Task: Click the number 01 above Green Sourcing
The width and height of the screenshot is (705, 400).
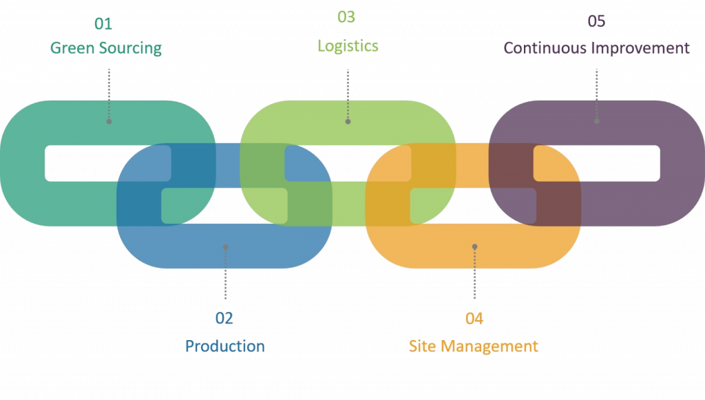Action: click(x=103, y=23)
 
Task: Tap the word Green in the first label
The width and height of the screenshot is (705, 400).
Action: click(x=72, y=48)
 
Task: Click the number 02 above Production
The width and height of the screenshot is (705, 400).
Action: click(x=224, y=318)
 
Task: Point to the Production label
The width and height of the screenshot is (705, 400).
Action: click(x=224, y=346)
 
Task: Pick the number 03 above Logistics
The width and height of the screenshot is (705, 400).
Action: click(x=346, y=17)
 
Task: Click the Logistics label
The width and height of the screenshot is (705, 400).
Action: click(x=348, y=46)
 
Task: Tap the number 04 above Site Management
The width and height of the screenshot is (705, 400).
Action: click(x=474, y=318)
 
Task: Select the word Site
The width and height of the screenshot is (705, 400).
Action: click(x=423, y=346)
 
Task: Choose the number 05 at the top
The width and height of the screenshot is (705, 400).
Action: click(x=596, y=21)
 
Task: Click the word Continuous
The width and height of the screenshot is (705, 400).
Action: click(x=547, y=48)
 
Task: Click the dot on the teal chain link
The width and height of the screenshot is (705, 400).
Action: click(x=109, y=121)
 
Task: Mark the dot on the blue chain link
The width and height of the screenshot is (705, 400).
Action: click(x=225, y=246)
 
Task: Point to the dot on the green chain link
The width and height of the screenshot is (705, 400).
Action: click(x=348, y=121)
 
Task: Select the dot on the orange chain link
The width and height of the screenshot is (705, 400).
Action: click(x=474, y=246)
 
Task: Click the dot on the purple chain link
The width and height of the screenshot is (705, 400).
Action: click(x=596, y=121)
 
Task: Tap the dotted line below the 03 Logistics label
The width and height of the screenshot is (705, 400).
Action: click(x=348, y=93)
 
